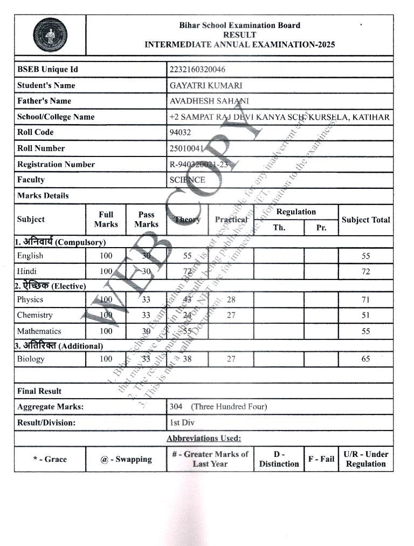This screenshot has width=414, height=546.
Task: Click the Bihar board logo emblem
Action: pyautogui.click(x=50, y=35)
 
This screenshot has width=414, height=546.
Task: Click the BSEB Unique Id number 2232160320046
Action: pyautogui.click(x=197, y=70)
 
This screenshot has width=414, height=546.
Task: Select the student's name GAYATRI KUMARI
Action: pyautogui.click(x=206, y=85)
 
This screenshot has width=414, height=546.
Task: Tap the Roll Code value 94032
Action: pyautogui.click(x=180, y=132)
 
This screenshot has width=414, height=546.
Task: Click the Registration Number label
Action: pyautogui.click(x=56, y=165)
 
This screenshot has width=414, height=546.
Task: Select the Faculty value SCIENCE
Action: pyautogui.click(x=187, y=180)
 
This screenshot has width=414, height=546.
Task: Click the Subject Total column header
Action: pyautogui.click(x=365, y=220)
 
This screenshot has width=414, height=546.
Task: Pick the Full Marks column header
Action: pyautogui.click(x=106, y=220)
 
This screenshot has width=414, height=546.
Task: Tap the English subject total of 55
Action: pyautogui.click(x=365, y=256)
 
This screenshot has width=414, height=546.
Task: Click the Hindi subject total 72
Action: pyautogui.click(x=365, y=271)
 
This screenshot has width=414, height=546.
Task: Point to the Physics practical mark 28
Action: pyautogui.click(x=231, y=299)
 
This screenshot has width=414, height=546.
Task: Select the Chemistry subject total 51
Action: pyautogui.click(x=365, y=315)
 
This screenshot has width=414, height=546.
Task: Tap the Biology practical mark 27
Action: pyautogui.click(x=231, y=359)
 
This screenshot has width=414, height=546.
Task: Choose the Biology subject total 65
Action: pyautogui.click(x=365, y=359)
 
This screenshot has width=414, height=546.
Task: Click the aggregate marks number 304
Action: pyautogui.click(x=176, y=406)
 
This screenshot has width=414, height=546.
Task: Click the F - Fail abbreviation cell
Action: pyautogui.click(x=321, y=459)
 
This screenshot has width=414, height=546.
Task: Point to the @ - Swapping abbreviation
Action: pyautogui.click(x=126, y=459)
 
